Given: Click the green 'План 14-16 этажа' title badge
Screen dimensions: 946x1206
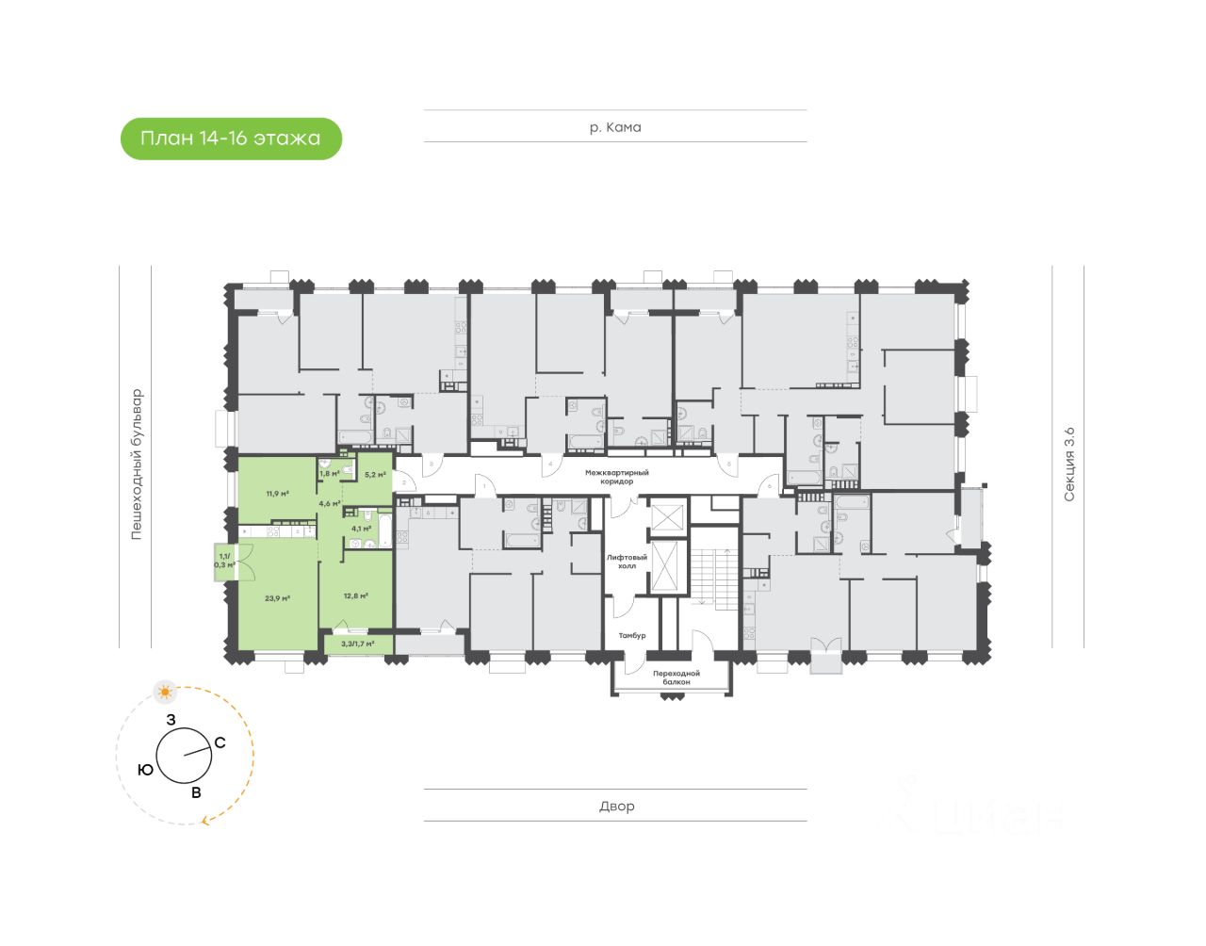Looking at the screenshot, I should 231,139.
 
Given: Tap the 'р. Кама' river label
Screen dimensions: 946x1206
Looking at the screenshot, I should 615,127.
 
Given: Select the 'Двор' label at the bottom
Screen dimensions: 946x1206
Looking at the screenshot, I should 616,806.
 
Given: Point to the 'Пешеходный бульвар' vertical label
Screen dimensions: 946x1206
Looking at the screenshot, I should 137,464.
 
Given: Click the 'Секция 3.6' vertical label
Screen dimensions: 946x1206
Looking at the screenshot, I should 1068,464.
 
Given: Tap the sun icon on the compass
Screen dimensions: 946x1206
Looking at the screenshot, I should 166,693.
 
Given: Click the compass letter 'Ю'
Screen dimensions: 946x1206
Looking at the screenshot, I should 145,770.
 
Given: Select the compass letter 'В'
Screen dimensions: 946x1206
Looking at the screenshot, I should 196,792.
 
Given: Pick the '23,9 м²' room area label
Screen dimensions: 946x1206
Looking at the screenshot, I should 277,597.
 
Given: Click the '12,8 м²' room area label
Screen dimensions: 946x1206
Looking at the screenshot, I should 355,595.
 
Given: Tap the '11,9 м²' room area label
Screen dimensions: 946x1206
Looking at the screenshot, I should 277,493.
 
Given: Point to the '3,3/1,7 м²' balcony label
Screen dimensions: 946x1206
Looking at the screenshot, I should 358,644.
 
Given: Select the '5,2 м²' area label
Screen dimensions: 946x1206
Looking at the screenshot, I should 375,474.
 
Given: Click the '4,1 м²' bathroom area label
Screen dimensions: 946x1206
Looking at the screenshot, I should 361,529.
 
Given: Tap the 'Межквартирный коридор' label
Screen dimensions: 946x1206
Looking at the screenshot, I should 617,477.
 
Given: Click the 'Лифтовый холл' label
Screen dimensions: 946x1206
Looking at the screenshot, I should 621,562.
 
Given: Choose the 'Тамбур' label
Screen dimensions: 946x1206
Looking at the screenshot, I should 632,635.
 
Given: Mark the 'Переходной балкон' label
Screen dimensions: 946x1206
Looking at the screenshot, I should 676,677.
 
